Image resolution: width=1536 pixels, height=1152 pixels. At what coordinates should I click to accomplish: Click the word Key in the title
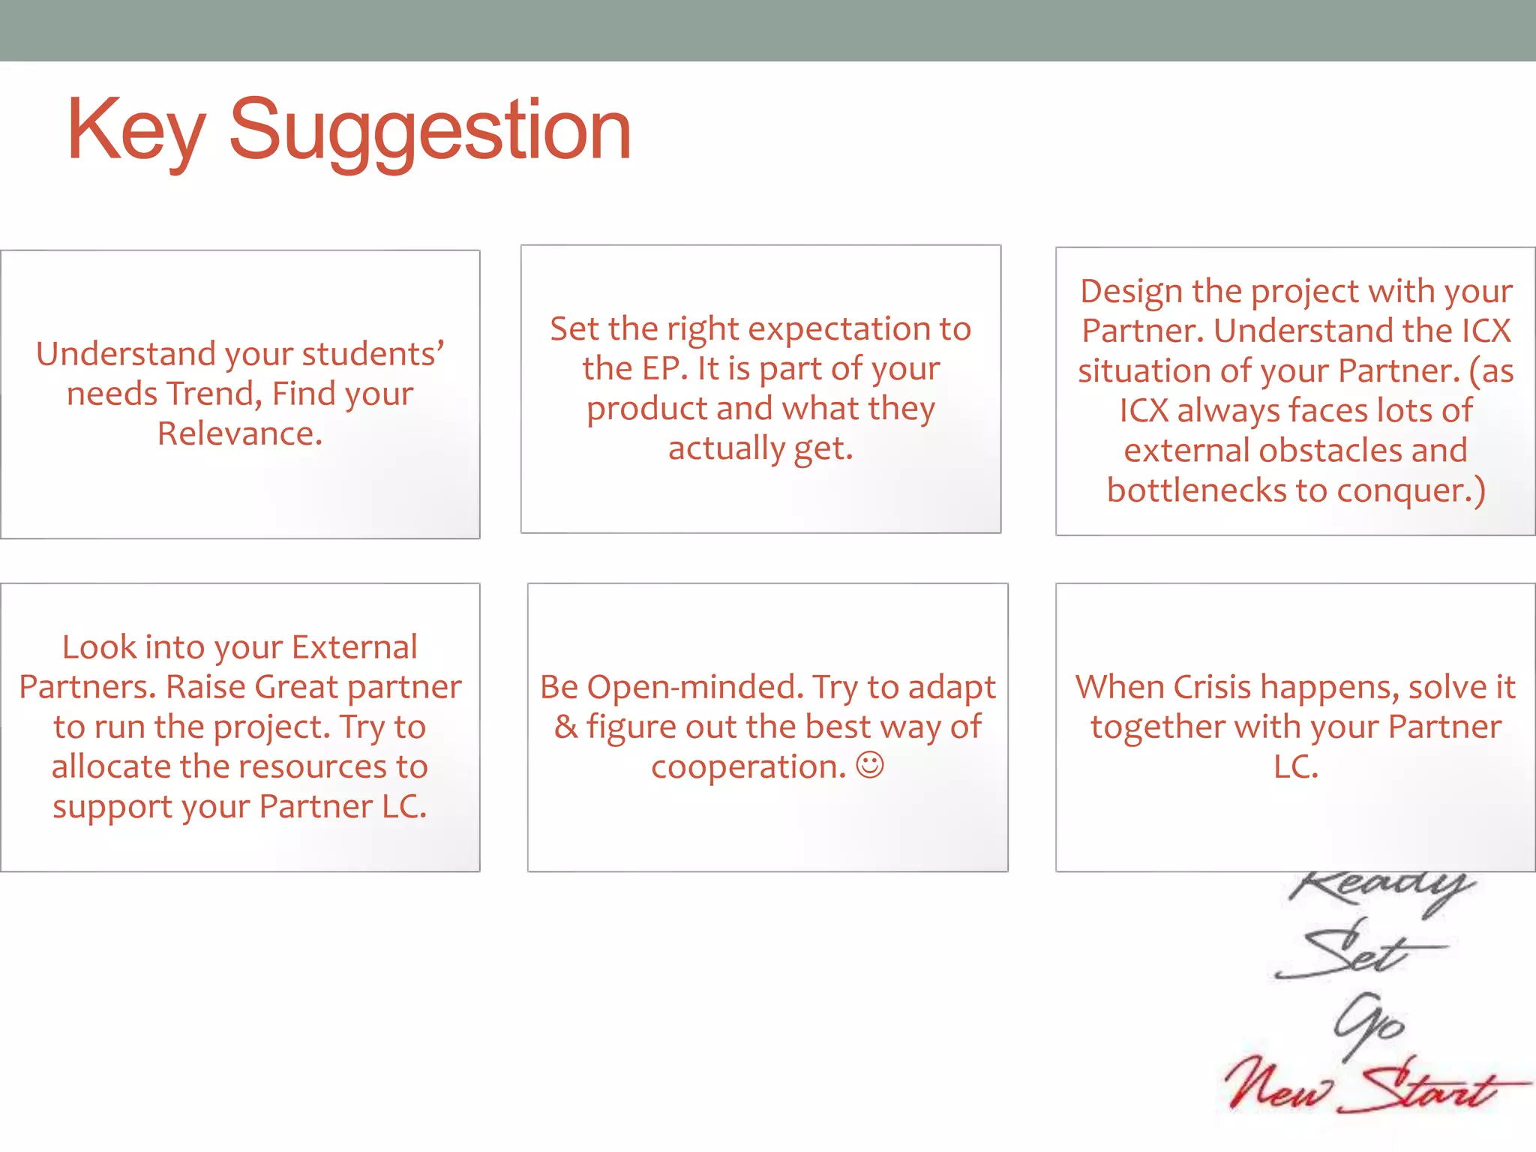[x=136, y=132]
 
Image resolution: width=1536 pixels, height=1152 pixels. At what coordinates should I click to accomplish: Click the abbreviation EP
[x=661, y=369]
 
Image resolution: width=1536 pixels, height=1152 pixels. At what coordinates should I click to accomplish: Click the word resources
[x=307, y=766]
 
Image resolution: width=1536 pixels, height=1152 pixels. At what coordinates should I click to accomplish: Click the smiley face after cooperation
[x=870, y=766]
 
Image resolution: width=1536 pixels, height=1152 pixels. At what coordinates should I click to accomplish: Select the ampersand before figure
[x=565, y=727]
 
